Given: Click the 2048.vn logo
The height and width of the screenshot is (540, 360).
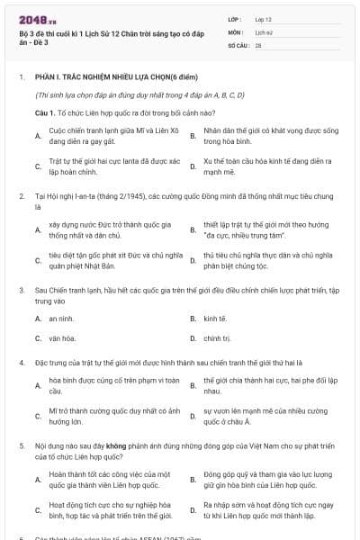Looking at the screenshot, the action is pos(35,18).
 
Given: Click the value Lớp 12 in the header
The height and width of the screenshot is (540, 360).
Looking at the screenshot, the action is pos(264,18).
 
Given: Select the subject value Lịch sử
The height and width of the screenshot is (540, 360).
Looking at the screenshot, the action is pos(263,31).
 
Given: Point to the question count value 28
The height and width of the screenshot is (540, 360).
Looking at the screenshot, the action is pos(258,44).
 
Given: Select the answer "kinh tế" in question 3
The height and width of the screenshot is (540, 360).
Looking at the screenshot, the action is pos(213,319).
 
